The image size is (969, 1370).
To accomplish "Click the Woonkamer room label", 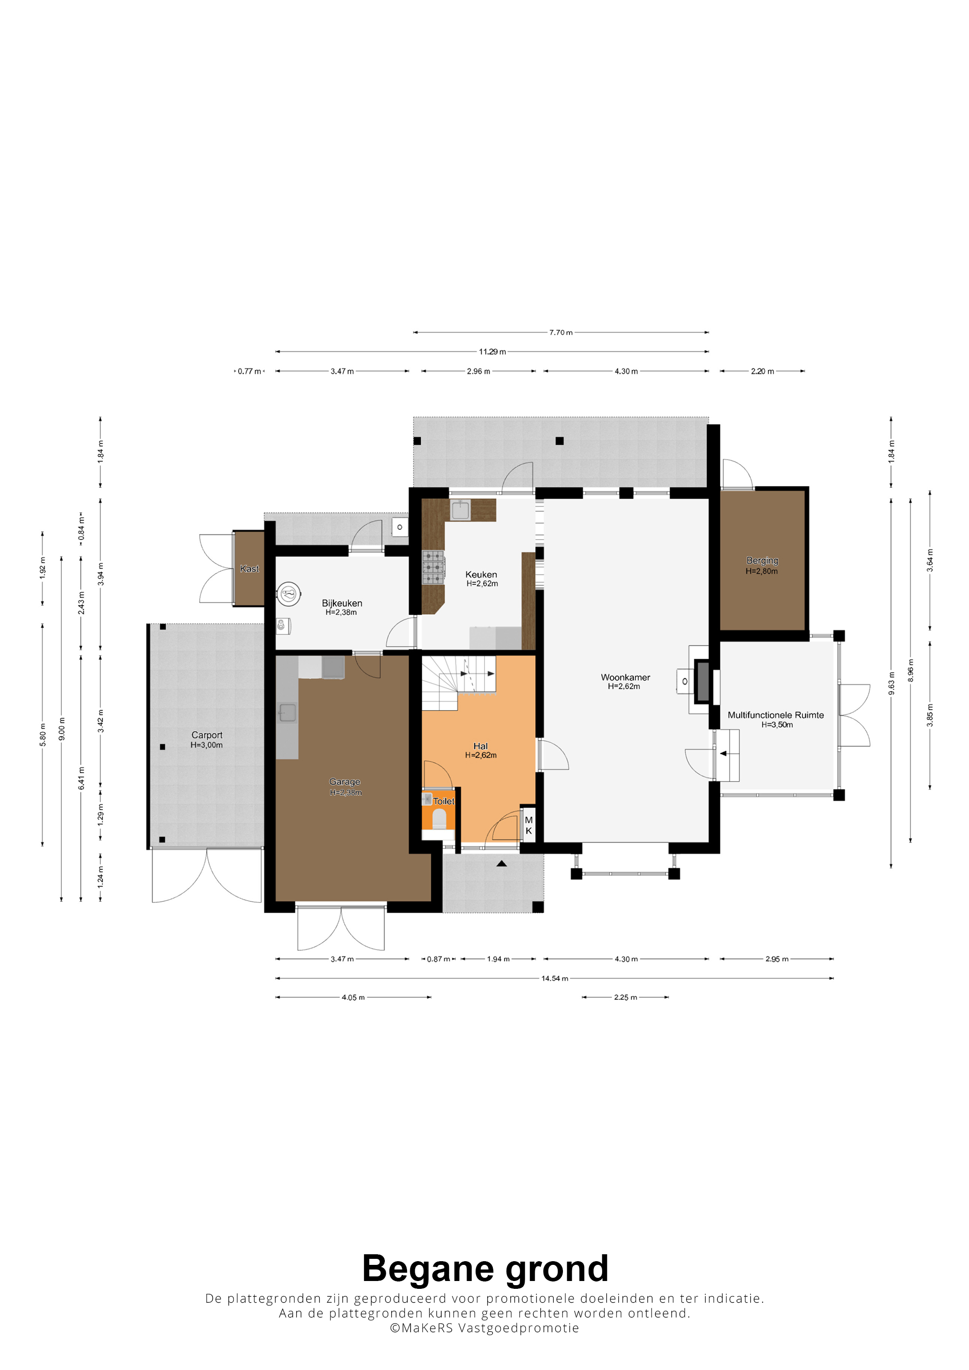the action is [x=625, y=677].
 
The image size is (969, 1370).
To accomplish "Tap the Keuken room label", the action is [x=481, y=575].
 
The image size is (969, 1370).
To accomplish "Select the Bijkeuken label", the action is [x=341, y=603].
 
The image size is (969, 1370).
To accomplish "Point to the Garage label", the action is [x=345, y=782].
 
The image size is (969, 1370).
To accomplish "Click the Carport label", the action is [x=207, y=735].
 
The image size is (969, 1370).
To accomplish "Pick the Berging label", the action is [x=762, y=561].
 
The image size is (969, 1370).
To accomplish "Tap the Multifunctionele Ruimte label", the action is [x=776, y=715].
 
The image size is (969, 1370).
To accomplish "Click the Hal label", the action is [x=481, y=746].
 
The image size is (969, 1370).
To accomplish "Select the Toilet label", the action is [x=443, y=801].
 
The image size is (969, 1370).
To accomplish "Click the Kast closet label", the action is [x=250, y=569].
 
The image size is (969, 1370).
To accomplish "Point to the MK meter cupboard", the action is [x=528, y=825].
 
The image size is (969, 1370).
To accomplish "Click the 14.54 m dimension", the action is [x=555, y=979].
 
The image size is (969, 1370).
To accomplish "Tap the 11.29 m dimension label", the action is [x=492, y=352].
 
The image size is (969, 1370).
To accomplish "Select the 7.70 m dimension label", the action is [x=561, y=332].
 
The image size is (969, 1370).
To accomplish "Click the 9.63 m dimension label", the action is [x=891, y=683].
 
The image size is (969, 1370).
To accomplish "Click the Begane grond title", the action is [x=485, y=1269].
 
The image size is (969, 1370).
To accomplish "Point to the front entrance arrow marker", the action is [x=502, y=863].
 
